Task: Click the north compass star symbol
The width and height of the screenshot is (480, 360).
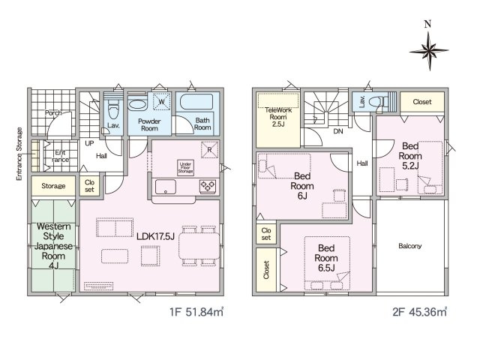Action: [429, 51]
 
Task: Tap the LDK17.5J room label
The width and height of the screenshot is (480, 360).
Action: [155, 236]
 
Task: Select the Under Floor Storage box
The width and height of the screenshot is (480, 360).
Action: [185, 168]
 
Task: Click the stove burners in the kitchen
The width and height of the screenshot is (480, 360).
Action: [208, 187]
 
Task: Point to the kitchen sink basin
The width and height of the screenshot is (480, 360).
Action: [166, 187]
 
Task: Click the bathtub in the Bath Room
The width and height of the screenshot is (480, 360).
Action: [196, 102]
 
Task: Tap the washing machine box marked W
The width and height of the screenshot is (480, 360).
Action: [162, 101]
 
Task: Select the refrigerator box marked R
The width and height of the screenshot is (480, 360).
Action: [210, 150]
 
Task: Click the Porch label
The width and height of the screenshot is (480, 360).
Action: [53, 113]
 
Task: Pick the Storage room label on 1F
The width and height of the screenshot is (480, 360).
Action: [53, 186]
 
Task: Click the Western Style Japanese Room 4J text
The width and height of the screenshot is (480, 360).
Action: [53, 246]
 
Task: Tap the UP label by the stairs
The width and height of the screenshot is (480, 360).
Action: [89, 143]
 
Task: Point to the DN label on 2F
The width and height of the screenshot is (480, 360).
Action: [338, 131]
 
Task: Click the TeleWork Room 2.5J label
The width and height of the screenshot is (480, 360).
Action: [278, 117]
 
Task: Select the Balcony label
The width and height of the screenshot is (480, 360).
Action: [410, 246]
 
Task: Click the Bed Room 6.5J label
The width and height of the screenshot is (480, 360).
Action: [326, 258]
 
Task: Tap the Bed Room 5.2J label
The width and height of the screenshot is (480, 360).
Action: [410, 156]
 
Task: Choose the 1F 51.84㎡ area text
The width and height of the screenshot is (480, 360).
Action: [196, 312]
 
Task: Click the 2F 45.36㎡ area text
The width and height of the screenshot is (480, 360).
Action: [420, 312]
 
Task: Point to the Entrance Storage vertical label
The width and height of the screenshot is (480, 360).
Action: [19, 154]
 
